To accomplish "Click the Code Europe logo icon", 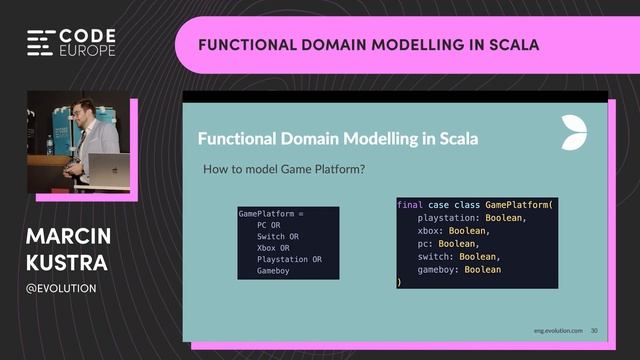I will [x=40, y=42].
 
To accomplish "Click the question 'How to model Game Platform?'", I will [x=283, y=169].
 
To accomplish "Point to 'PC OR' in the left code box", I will [x=267, y=226].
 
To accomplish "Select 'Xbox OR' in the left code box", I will [x=272, y=248].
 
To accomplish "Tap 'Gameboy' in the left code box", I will [x=273, y=271].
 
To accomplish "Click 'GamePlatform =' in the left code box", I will [x=269, y=214].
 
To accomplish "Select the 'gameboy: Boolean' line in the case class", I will [x=459, y=269].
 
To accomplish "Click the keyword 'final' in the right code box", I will [x=409, y=204].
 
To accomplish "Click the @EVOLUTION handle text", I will [x=61, y=288].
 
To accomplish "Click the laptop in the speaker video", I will [x=108, y=169].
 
